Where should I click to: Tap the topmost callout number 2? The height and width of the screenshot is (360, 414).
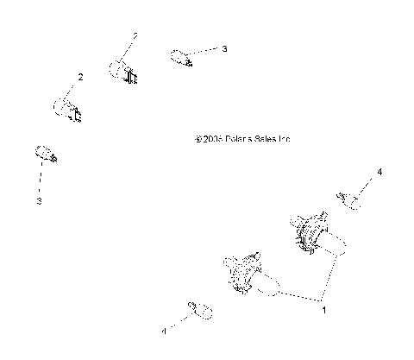[135, 36]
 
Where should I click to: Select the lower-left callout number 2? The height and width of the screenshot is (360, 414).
[80, 78]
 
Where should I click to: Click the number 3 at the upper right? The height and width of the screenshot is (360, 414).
[224, 50]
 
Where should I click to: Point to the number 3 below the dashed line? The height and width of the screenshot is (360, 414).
[39, 201]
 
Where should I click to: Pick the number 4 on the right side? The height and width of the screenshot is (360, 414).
[379, 173]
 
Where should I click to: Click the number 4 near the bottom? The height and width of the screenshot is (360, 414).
[163, 331]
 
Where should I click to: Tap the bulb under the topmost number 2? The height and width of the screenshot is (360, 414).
[123, 71]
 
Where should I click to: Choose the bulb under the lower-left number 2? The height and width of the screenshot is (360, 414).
[67, 110]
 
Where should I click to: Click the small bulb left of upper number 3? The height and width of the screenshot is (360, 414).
[179, 59]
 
